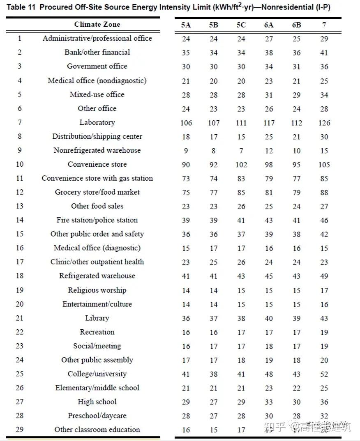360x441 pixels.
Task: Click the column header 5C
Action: point(241,25)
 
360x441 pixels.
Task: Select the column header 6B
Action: point(296,25)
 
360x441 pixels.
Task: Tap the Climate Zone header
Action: point(97,25)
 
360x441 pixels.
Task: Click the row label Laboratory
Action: point(97,122)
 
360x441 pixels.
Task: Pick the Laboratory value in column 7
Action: point(324,123)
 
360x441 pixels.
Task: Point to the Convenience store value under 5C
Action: point(241,165)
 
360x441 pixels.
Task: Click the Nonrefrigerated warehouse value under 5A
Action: point(186,151)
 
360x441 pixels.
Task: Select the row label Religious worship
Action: point(97,290)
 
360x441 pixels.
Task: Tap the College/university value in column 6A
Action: point(269,374)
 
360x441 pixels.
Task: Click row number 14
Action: point(20,220)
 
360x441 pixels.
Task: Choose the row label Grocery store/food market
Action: point(97,192)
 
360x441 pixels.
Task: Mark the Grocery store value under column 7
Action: point(324,193)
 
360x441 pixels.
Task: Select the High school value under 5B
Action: point(214,402)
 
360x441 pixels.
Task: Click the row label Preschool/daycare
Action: point(97,416)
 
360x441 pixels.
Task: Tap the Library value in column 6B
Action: point(296,318)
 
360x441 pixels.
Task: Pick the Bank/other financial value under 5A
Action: point(186,53)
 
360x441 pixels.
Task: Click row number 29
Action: point(20,430)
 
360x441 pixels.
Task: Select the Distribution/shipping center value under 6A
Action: point(269,137)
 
